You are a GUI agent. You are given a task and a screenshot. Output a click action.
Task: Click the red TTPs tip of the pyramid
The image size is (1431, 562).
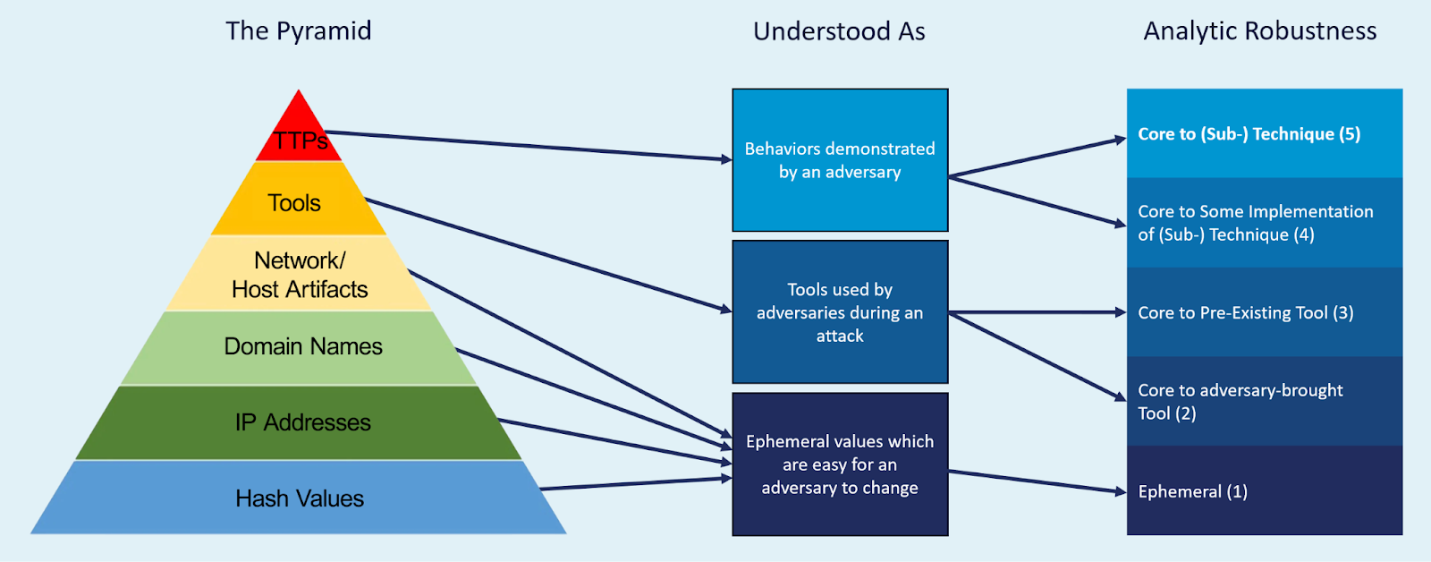pyautogui.click(x=299, y=134)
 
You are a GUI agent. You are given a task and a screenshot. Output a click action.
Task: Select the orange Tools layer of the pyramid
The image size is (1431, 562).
pyautogui.click(x=295, y=202)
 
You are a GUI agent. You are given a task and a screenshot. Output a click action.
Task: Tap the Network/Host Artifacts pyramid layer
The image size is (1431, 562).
pyautogui.click(x=299, y=275)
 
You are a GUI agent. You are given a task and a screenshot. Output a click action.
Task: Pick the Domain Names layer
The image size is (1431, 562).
pyautogui.click(x=302, y=346)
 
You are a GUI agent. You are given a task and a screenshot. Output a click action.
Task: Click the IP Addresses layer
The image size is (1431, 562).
pyautogui.click(x=302, y=422)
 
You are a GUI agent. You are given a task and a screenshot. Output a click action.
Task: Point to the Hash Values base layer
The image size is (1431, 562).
pyautogui.click(x=299, y=498)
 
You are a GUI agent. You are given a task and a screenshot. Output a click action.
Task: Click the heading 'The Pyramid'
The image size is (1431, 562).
pyautogui.click(x=298, y=31)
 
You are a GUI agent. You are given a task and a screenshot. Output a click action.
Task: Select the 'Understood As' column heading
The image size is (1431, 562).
pyautogui.click(x=839, y=31)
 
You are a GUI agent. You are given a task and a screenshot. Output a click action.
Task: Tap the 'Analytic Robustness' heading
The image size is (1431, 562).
pyautogui.click(x=1259, y=31)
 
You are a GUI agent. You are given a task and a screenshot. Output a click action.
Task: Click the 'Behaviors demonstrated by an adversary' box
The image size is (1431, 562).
pyautogui.click(x=840, y=160)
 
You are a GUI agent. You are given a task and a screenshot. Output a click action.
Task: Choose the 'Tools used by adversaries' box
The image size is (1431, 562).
pyautogui.click(x=840, y=312)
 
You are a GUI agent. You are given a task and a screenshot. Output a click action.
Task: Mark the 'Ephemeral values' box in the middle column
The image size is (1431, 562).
pyautogui.click(x=840, y=464)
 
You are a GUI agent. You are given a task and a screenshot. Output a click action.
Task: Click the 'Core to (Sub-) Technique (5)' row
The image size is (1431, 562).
pyautogui.click(x=1264, y=133)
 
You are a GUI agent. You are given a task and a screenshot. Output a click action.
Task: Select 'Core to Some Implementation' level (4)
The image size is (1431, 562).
pyautogui.click(x=1264, y=223)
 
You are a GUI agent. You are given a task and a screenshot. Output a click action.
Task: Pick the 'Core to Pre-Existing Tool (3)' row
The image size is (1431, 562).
pyautogui.click(x=1264, y=312)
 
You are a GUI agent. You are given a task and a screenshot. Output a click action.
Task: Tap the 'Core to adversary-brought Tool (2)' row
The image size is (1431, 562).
pyautogui.click(x=1264, y=401)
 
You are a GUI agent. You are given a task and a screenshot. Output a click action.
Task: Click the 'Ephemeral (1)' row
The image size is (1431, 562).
pyautogui.click(x=1264, y=491)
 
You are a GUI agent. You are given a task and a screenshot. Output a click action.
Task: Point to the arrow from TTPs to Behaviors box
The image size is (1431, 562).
pyautogui.click(x=528, y=146)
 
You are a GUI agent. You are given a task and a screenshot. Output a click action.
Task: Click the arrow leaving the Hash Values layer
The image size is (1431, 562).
pyautogui.click(x=635, y=484)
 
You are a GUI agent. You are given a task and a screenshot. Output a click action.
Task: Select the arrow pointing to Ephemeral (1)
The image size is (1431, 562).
pyautogui.click(x=1037, y=481)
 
